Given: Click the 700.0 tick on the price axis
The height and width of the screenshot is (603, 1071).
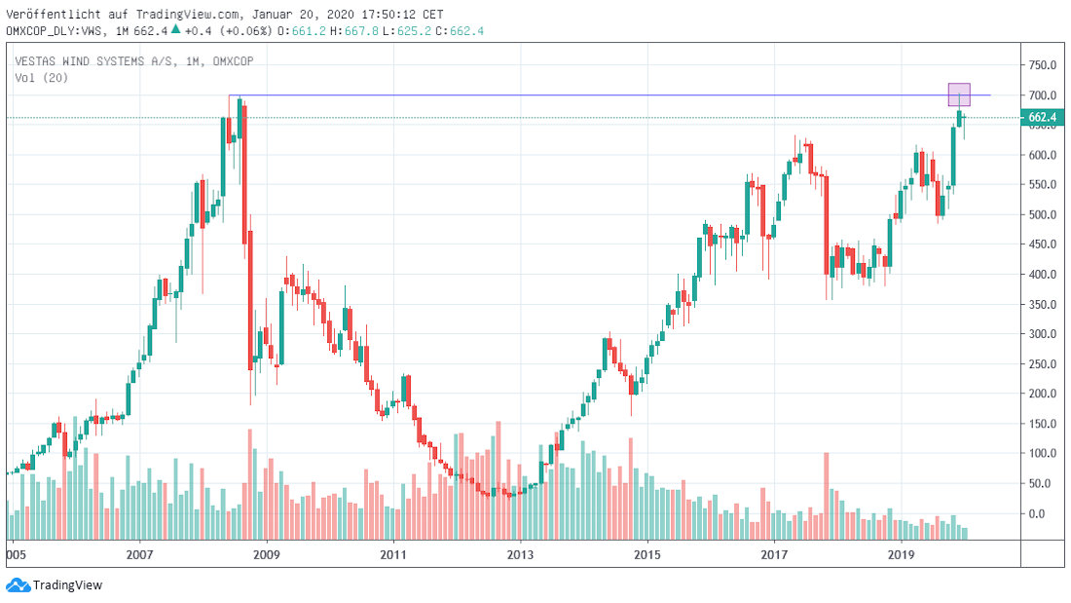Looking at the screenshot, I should point(1043,95).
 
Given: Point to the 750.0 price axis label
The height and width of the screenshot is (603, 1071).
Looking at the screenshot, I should point(1043,65).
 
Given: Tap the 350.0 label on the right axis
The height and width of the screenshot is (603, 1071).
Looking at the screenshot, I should point(1043,305).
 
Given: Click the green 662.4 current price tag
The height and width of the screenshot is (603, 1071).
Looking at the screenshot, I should point(1043,118).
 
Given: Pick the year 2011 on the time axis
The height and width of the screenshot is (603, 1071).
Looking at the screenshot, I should point(393,554).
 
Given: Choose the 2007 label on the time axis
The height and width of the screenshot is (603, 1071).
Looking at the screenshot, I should point(140,554).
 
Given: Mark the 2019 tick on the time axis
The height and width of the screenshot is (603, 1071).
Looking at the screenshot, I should point(901,554).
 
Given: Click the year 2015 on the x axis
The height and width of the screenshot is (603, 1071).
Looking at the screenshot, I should point(647,554).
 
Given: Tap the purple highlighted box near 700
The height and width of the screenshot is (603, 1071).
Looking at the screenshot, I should point(959,94).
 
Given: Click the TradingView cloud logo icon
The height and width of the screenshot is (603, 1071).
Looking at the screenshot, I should point(18,584).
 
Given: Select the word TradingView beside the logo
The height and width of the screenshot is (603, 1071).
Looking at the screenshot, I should point(67,585).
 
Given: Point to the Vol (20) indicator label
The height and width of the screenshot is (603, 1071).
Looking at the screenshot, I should point(41,77).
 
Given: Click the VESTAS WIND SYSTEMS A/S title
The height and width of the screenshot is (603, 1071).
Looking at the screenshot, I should point(86,60).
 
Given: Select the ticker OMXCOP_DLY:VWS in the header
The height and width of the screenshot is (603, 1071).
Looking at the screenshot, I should point(55,31).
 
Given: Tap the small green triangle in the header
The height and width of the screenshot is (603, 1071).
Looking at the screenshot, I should point(175,30).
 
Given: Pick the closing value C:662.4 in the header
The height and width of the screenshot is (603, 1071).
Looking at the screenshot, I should point(462,31).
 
